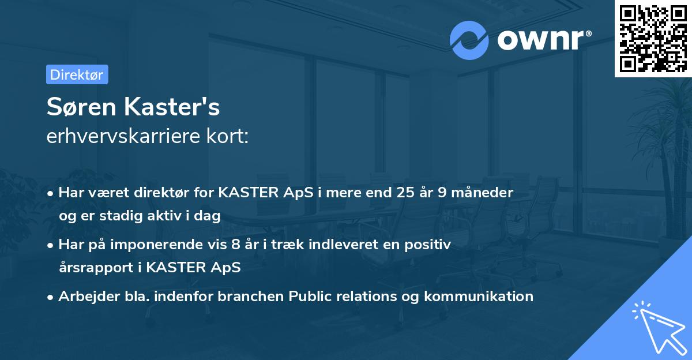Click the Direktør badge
tap(77, 74)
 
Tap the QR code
tap(653, 38)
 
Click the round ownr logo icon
tap(469, 40)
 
